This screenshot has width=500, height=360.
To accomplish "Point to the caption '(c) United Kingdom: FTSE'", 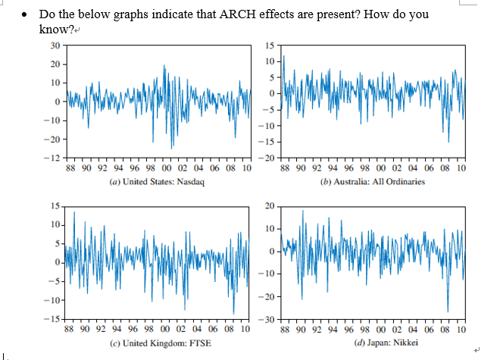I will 156,343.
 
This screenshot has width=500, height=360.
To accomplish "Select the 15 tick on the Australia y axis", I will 271,47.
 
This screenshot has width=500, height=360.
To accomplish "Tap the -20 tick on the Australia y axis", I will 269,158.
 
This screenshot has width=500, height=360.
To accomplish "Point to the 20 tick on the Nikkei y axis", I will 271,205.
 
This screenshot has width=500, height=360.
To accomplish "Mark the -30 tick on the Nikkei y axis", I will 269,318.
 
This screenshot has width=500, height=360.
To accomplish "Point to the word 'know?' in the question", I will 55,29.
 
